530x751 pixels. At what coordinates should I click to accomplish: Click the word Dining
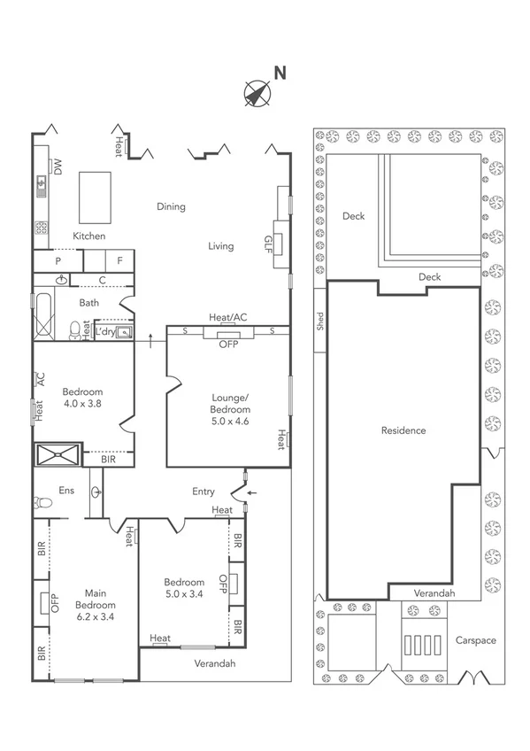tap(171, 207)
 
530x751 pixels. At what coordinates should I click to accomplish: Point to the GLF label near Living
tap(268, 243)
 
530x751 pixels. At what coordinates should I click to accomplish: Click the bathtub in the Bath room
tap(42, 316)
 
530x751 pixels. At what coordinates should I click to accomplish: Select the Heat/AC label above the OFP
tap(227, 317)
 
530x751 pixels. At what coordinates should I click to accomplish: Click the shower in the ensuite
tap(58, 455)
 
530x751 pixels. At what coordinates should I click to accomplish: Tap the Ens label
tap(66, 490)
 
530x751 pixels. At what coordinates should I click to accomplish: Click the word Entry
tap(203, 492)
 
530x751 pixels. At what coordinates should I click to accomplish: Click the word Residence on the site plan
tap(403, 430)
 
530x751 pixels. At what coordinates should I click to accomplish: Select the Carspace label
tap(475, 639)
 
